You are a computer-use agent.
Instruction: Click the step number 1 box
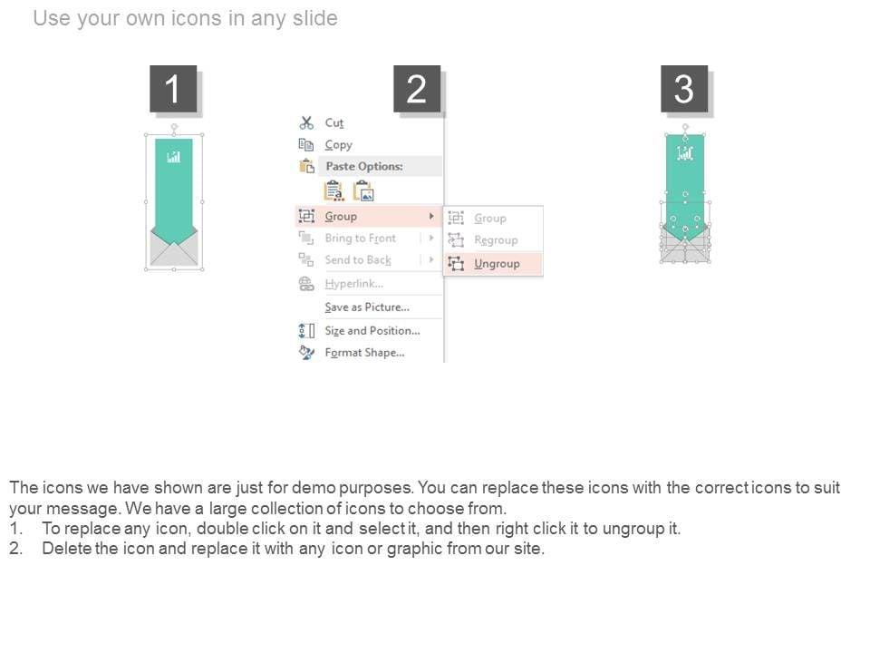point(173,89)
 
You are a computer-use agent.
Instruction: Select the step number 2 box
point(417,89)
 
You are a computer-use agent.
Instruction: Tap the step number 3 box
point(684,89)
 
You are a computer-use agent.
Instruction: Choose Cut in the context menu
point(334,122)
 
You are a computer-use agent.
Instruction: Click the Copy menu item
point(338,145)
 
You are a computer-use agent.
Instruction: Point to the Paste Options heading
point(364,166)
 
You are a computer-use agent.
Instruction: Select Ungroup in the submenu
point(497,264)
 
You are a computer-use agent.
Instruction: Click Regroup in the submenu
point(496,239)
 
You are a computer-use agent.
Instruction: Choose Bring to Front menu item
point(361,239)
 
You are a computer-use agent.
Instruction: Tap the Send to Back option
point(358,260)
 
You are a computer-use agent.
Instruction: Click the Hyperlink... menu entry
point(354,284)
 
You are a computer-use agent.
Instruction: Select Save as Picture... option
point(367,307)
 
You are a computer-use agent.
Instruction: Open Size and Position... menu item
point(372,331)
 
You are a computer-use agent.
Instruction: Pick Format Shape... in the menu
point(364,353)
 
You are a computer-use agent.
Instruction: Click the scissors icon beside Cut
point(306,122)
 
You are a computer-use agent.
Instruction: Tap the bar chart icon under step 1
point(174,157)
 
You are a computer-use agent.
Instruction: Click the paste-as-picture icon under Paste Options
point(364,191)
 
